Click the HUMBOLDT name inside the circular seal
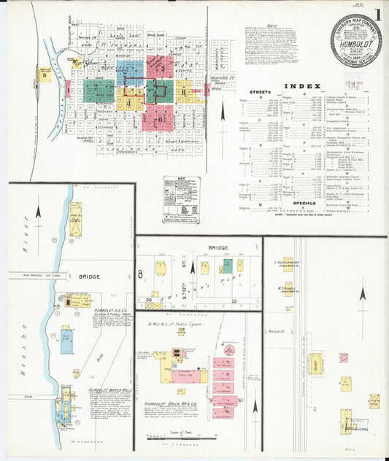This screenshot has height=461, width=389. [x=355, y=43]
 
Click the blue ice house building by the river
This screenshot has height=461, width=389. [x=66, y=340]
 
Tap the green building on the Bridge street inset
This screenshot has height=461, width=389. [x=228, y=267]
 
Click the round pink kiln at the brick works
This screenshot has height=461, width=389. [x=229, y=350]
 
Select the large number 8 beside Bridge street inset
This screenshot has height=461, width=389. [x=139, y=275]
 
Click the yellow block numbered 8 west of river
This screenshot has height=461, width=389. [x=45, y=74]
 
